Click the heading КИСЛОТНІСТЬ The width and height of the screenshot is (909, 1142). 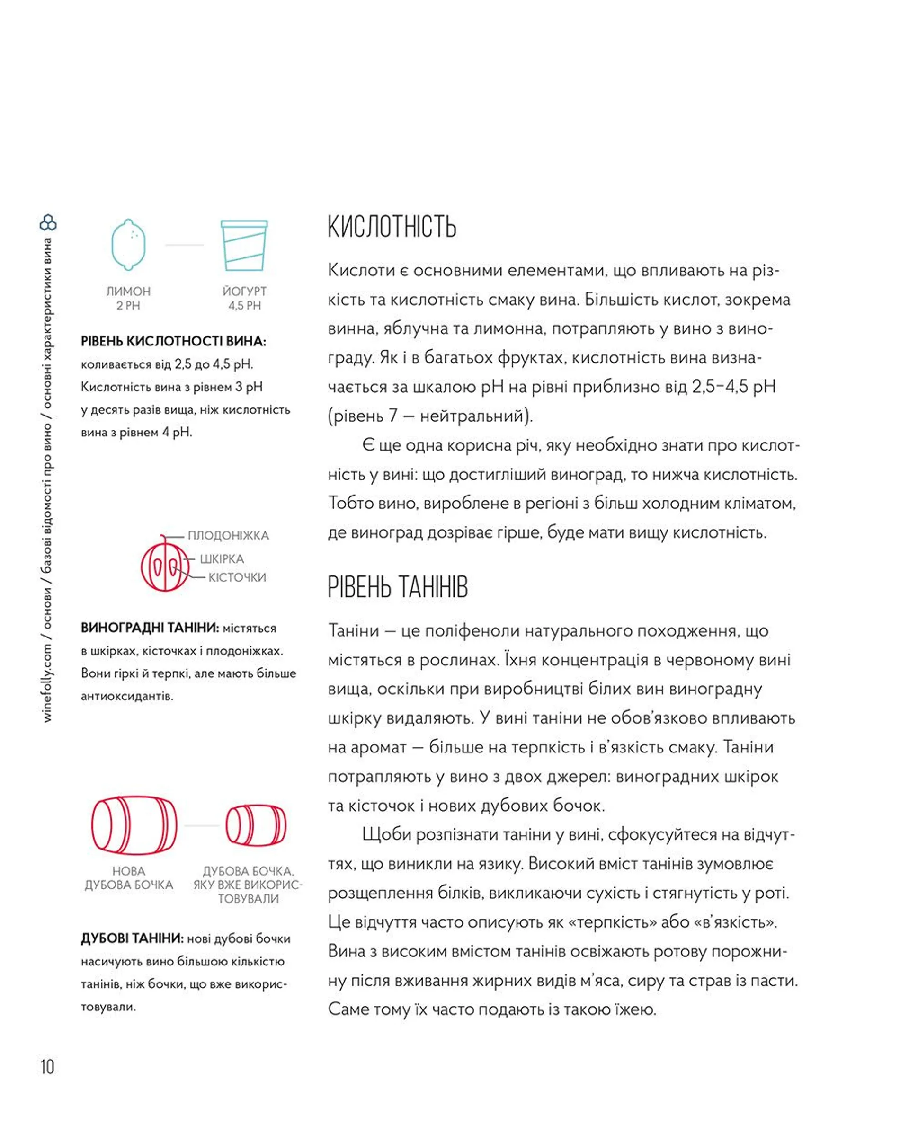[392, 227]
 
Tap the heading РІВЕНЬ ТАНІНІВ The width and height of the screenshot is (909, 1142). [397, 587]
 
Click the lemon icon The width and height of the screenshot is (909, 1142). [128, 245]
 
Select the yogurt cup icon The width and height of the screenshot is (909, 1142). [244, 245]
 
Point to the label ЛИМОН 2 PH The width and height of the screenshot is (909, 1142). [128, 298]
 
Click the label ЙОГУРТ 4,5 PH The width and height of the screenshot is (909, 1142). [244, 298]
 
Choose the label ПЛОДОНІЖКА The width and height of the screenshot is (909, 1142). [228, 536]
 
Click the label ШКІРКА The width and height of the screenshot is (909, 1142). [222, 559]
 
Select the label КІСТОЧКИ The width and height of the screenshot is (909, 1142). [237, 577]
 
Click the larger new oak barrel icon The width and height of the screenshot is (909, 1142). [134, 825]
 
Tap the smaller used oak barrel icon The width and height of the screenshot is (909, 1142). [256, 825]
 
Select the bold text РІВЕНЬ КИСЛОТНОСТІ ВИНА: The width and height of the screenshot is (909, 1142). [173, 342]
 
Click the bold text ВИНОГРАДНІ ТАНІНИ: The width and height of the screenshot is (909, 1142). [150, 628]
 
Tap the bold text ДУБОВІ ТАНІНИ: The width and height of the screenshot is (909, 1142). [132, 938]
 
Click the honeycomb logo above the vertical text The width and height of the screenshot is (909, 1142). [48, 222]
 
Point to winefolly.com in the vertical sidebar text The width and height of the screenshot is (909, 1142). [48, 683]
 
